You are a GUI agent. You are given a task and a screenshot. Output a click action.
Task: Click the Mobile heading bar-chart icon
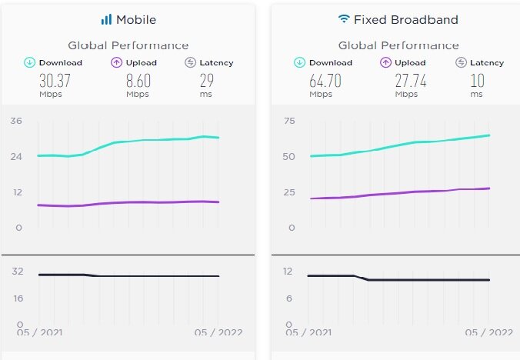pos(106,19)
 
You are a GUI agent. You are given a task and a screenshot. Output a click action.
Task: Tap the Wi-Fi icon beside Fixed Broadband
pos(343,18)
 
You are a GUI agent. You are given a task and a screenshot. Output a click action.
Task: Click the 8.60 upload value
pos(138,81)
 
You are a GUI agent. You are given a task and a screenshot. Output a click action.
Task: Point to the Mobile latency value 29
pos(205,81)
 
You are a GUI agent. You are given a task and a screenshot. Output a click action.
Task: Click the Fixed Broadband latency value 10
pos(476,81)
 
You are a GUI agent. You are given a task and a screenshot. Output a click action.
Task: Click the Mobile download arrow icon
pos(29,62)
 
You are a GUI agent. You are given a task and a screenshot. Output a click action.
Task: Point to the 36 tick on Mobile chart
pos(16,121)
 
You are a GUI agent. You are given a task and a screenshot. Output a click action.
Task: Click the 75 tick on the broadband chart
pos(290,121)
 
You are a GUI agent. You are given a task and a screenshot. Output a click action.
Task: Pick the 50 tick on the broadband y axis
pos(290,156)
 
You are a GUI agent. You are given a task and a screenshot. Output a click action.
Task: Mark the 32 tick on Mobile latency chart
pos(18,271)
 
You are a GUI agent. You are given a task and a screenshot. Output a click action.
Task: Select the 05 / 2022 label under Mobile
pos(218,332)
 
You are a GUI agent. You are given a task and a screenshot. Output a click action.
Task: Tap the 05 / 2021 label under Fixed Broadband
pos(308,332)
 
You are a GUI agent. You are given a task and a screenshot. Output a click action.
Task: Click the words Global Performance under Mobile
pos(128,45)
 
